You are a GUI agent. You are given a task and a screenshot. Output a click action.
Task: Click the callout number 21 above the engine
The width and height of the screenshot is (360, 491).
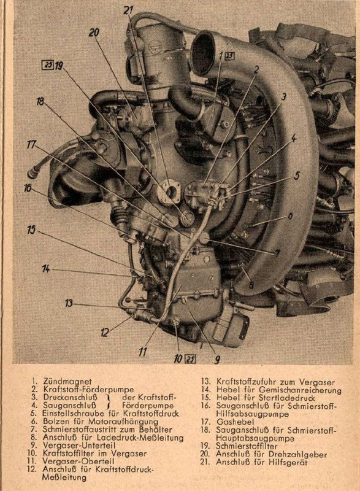(x=129, y=10)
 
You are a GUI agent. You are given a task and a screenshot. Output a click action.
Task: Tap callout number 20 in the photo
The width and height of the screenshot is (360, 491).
(x=94, y=33)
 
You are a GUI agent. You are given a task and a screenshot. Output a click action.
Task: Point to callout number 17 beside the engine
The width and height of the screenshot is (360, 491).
(x=32, y=145)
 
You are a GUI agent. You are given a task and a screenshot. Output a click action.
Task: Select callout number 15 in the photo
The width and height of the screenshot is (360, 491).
(x=31, y=230)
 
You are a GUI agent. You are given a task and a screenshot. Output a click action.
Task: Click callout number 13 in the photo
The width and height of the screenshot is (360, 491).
(x=69, y=303)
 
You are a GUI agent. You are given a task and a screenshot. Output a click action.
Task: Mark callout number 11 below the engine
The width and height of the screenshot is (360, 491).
(x=142, y=352)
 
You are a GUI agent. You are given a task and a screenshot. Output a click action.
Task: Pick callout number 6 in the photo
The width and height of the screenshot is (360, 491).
(x=290, y=216)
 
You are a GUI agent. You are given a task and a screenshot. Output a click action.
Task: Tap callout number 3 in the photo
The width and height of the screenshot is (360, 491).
(x=283, y=97)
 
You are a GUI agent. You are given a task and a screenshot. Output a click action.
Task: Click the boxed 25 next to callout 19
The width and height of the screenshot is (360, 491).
(x=48, y=66)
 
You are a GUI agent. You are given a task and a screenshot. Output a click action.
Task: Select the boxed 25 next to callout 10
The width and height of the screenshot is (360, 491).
(x=190, y=359)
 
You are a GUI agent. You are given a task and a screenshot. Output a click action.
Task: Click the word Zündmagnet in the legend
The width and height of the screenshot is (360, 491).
(x=67, y=381)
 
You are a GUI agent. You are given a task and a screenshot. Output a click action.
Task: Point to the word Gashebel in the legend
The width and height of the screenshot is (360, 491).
(x=236, y=422)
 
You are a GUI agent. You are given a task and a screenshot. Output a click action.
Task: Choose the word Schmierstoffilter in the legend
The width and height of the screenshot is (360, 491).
(x=247, y=446)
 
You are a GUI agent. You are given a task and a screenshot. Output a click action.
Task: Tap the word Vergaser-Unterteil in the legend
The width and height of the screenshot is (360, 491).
(x=79, y=446)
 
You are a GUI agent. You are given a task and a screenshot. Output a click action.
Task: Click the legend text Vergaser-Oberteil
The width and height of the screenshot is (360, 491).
(x=78, y=462)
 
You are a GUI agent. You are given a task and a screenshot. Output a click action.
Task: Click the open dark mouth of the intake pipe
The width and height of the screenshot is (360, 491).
(x=202, y=51)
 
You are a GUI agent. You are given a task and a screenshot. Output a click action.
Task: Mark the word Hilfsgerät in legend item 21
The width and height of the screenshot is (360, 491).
(x=288, y=462)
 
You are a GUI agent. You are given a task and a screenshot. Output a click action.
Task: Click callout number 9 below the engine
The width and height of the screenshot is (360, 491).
(x=216, y=360)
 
